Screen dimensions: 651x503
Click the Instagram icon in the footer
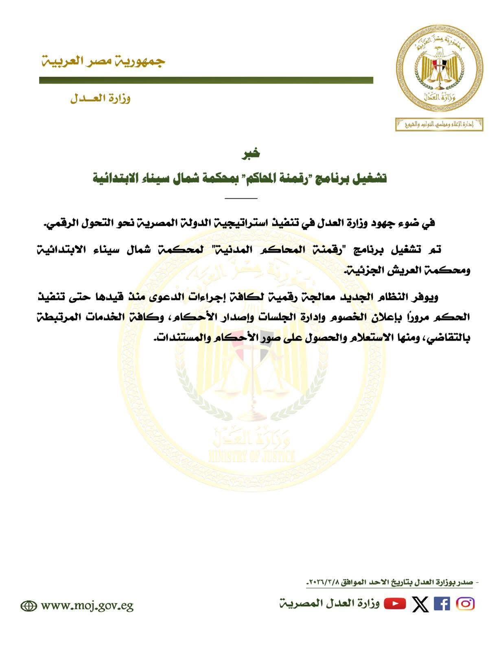(466, 603)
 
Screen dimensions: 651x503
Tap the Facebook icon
(442, 603)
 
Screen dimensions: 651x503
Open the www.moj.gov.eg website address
(87, 606)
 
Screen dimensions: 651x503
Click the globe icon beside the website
(29, 606)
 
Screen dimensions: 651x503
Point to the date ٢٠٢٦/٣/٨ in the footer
(322, 583)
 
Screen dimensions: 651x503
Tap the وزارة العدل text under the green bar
(100, 99)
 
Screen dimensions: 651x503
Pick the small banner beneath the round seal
(440, 124)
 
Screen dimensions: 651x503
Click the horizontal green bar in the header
(206, 81)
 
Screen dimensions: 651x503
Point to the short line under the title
(241, 198)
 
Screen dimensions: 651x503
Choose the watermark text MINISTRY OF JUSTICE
(251, 457)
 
